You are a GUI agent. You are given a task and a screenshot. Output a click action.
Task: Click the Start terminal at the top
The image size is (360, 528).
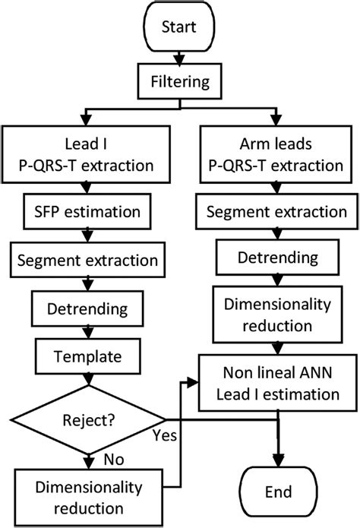(179, 28)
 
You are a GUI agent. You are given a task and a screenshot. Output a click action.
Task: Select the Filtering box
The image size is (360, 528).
(179, 79)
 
